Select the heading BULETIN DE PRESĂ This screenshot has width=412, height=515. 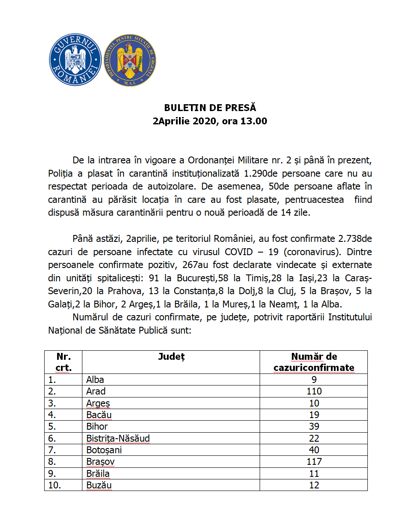coord(210,108)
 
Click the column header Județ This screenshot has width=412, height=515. coord(171,357)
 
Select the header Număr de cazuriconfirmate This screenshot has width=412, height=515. coord(314,362)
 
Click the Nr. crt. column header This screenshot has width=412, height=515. coord(64,362)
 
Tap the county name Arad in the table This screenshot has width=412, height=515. coord(96,391)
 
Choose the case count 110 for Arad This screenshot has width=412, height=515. coord(314,391)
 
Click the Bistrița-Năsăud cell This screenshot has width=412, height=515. coord(118,438)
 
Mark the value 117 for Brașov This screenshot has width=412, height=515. coord(314,462)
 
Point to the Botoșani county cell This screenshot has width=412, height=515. coord(104,450)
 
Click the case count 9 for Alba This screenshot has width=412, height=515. coord(314,379)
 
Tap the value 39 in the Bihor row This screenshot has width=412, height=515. coord(314,427)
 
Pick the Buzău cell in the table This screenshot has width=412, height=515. coord(99,485)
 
